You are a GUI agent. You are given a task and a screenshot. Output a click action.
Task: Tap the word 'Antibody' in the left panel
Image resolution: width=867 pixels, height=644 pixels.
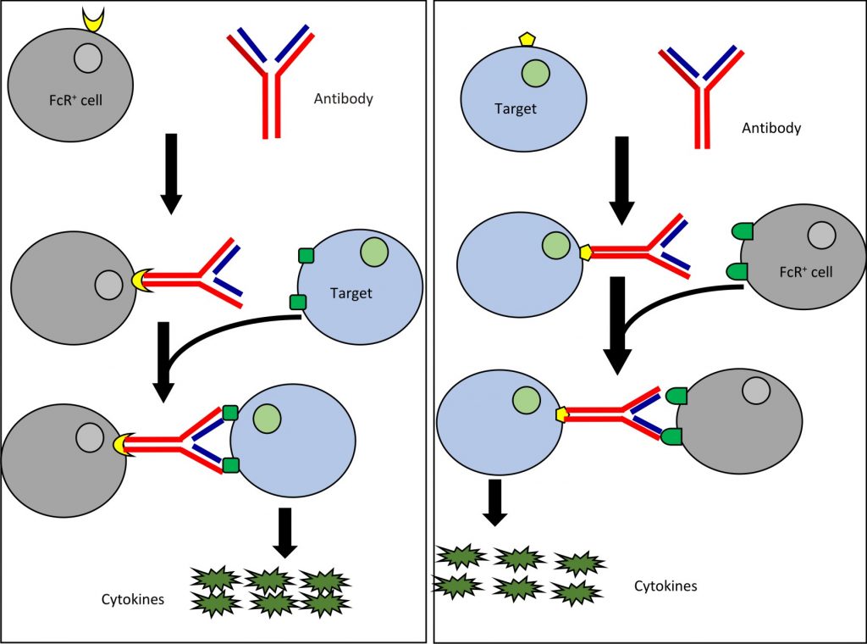click(x=343, y=99)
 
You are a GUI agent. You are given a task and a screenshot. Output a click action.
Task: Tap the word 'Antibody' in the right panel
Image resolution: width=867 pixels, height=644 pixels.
click(x=770, y=129)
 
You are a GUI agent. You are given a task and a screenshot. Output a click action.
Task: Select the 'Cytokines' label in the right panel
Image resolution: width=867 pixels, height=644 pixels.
click(x=665, y=586)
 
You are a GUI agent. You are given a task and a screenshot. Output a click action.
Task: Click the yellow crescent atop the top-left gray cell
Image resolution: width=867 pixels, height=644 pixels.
click(x=95, y=19)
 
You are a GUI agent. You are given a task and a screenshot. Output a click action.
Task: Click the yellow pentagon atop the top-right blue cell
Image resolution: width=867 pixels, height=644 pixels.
click(x=527, y=39)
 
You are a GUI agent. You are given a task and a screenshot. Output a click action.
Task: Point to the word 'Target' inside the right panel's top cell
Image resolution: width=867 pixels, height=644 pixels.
click(x=516, y=108)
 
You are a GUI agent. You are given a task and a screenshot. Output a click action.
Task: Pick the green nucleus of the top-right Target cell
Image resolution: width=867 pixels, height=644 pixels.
click(x=533, y=74)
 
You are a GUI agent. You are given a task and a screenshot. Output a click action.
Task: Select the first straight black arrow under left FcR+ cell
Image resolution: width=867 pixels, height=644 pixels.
click(x=171, y=172)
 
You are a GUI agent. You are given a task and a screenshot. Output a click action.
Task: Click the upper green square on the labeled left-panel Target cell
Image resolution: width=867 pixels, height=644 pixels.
click(x=306, y=255)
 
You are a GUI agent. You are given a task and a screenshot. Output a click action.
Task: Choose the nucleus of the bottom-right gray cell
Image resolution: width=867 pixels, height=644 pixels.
click(x=755, y=391)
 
